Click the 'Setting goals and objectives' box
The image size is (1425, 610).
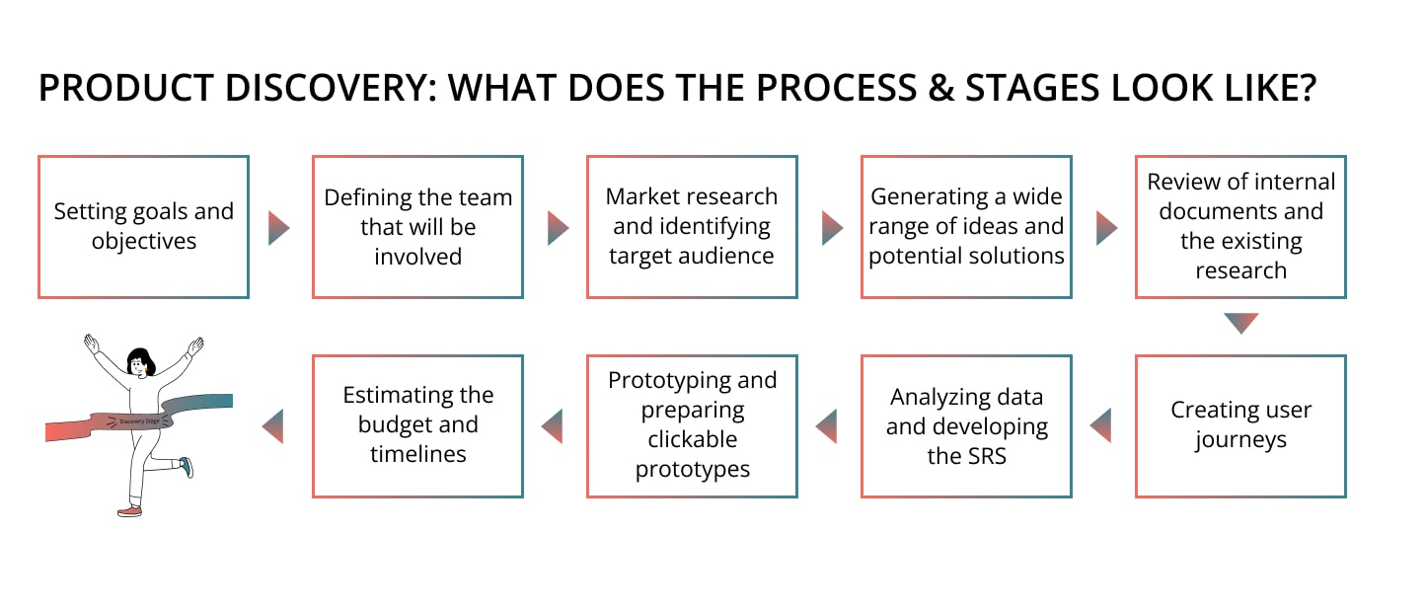[x=143, y=227]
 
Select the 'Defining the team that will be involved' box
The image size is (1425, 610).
[x=417, y=227]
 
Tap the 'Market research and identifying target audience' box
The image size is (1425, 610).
[x=692, y=227]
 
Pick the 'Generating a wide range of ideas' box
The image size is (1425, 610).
[x=966, y=227]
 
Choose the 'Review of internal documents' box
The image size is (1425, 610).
[x=1240, y=227]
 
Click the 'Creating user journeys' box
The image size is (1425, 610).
[x=1240, y=425]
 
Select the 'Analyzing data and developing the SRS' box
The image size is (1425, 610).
[x=966, y=425]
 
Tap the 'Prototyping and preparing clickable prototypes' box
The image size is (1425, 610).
[x=692, y=425]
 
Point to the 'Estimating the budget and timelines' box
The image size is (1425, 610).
[x=417, y=425]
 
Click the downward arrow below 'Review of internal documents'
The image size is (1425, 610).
[x=1240, y=323]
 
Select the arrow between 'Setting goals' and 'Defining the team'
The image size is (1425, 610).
[x=278, y=227]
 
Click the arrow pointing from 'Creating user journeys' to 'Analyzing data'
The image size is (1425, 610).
[x=1101, y=425]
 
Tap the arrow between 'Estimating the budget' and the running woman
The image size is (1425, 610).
[x=272, y=425]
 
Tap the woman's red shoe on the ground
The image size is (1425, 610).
[x=129, y=510]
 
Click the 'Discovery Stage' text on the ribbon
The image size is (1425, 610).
[x=139, y=421]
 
